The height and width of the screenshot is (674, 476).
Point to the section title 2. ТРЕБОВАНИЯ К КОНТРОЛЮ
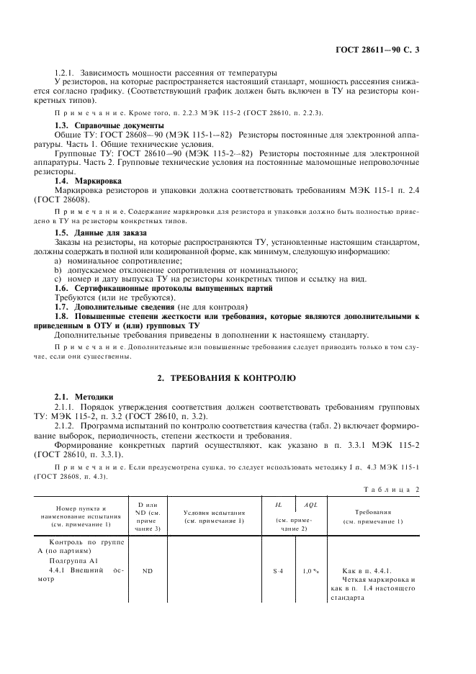pos(238,378)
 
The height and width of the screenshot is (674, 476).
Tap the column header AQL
pos(310,506)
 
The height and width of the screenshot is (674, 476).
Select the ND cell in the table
pos(148,571)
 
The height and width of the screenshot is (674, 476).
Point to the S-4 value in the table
pos(279,571)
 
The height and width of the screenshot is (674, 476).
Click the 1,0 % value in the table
pos(310,571)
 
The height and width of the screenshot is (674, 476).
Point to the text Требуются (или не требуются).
pos(114,297)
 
